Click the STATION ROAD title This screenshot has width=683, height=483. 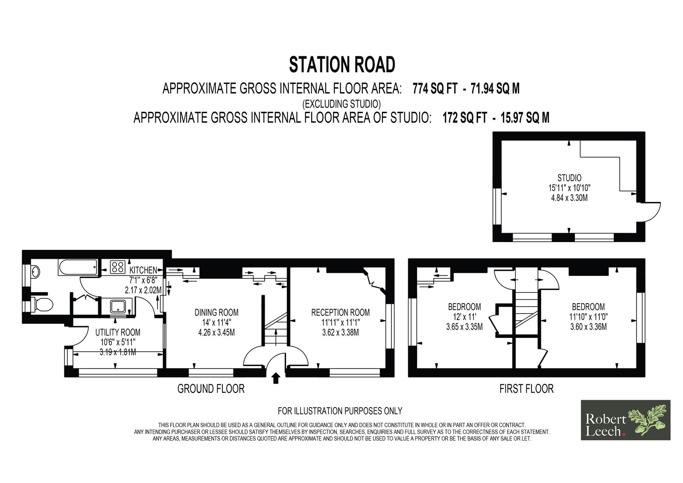tap(342, 64)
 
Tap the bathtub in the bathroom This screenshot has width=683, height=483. tap(78, 268)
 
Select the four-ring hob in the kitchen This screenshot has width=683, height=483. tap(117, 267)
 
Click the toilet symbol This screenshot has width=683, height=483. tap(42, 304)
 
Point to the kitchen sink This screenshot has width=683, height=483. tap(118, 306)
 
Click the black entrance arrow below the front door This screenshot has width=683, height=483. tap(276, 378)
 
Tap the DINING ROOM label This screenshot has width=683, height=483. tap(216, 313)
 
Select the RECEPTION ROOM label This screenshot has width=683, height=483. tap(340, 313)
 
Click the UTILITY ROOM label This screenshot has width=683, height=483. tap(118, 332)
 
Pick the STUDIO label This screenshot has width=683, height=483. tap(569, 178)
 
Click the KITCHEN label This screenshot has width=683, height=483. tap(143, 270)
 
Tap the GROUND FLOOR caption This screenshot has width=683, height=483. tap(211, 389)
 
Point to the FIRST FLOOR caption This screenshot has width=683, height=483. tap(526, 389)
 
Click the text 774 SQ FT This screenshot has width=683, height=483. tap(435, 89)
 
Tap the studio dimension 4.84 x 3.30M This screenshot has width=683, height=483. tap(569, 198)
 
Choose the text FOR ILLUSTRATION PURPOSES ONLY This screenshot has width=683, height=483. tap(340, 411)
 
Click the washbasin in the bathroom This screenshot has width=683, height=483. tap(35, 271)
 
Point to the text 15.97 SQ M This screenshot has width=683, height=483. tap(525, 118)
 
